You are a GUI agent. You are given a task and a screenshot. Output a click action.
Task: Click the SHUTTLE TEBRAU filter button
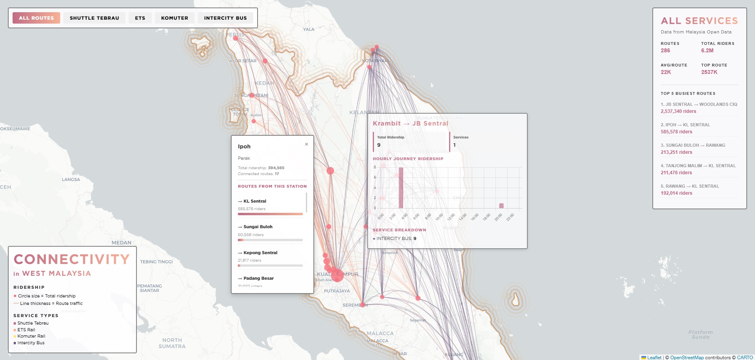(x=94, y=18)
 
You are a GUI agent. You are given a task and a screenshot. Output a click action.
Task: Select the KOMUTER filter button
(x=175, y=18)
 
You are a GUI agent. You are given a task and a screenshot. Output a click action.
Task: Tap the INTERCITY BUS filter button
(x=225, y=18)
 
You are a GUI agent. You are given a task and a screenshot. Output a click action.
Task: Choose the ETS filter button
(x=140, y=18)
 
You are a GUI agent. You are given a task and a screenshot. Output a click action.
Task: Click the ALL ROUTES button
(x=36, y=18)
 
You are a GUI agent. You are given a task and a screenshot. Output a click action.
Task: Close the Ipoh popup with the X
(x=306, y=144)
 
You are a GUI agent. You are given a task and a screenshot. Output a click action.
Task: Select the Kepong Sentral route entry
(x=260, y=253)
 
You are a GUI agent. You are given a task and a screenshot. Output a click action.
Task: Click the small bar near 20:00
(x=501, y=206)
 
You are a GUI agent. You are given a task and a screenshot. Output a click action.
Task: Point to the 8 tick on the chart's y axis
(x=375, y=167)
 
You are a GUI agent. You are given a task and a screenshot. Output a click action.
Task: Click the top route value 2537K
(x=709, y=72)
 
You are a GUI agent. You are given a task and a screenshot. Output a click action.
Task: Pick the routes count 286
(x=665, y=50)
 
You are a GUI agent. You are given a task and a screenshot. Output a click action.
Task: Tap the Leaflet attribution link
(x=654, y=357)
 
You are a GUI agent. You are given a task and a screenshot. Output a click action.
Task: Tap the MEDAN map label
(x=122, y=243)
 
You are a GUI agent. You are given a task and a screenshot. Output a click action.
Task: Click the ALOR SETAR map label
(x=243, y=61)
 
